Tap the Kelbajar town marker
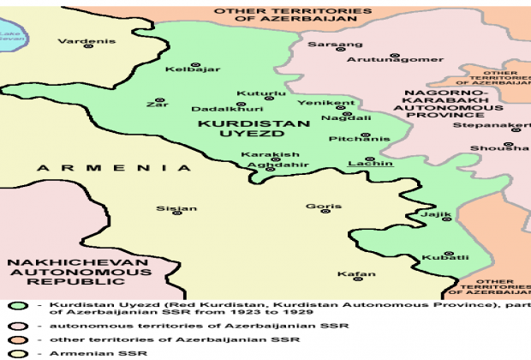(195, 66)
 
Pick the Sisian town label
(176, 208)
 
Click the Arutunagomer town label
(395, 59)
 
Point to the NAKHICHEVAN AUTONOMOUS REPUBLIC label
(57, 272)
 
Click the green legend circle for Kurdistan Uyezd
(15, 307)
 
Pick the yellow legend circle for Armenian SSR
(15, 352)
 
